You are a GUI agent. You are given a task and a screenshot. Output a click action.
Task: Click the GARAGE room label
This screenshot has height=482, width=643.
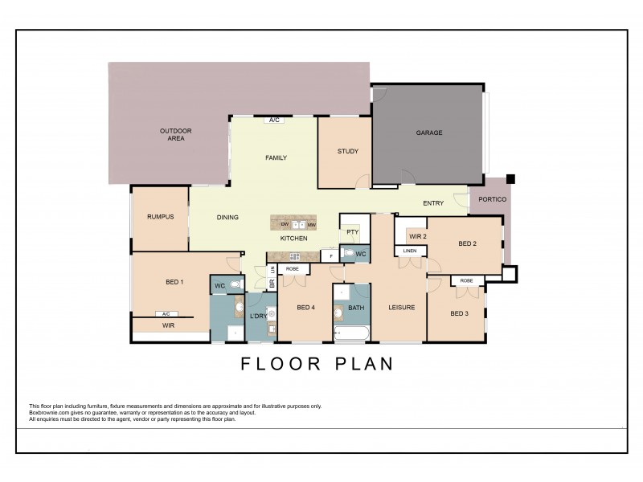[428, 133]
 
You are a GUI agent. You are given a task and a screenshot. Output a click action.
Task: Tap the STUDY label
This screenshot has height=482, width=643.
[347, 151]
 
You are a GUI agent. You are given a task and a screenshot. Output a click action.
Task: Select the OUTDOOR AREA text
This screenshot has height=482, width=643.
[171, 134]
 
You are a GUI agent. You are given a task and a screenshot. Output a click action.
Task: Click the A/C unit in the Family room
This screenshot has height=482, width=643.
[274, 120]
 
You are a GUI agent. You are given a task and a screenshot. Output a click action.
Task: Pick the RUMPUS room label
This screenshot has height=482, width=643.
[161, 217]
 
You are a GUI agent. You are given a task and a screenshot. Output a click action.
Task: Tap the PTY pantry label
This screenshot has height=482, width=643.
[351, 231]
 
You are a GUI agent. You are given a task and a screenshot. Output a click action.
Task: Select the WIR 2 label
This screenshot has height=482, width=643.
[417, 237]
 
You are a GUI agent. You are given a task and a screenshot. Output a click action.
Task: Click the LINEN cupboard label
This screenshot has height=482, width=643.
[410, 251]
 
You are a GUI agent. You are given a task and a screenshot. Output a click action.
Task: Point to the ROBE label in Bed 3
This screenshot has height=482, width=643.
[467, 280]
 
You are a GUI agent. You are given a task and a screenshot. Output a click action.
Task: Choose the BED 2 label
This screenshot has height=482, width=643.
[468, 243]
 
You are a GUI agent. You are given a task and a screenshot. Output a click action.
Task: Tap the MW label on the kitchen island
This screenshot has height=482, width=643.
[310, 226]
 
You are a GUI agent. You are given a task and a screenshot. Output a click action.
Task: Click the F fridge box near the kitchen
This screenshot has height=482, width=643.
[331, 255]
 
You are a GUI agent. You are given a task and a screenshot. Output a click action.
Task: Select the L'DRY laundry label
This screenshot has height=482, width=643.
[258, 316]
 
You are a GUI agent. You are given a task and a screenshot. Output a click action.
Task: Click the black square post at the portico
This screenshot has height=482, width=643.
[510, 178]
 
